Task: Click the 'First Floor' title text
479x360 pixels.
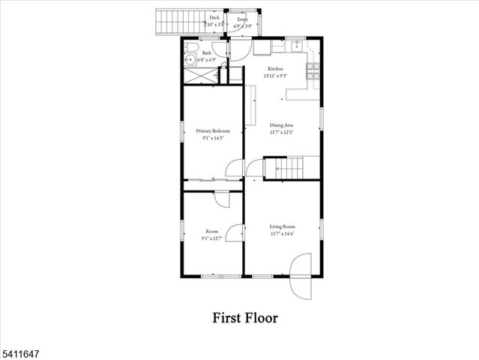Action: (x=245, y=318)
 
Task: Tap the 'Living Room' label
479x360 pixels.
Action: (x=283, y=226)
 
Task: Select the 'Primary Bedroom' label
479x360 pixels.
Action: (x=213, y=130)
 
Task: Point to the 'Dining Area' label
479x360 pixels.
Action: (x=282, y=125)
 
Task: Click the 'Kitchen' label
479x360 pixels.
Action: (x=276, y=69)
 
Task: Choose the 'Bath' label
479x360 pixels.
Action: (x=207, y=53)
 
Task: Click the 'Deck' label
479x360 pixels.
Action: (x=214, y=16)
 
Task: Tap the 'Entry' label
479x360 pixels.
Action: (x=242, y=19)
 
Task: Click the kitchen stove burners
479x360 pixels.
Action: (x=311, y=71)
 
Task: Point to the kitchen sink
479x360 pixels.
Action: (x=297, y=46)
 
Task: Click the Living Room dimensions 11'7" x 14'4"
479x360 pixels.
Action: (x=283, y=233)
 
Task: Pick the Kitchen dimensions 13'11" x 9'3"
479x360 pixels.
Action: (x=276, y=76)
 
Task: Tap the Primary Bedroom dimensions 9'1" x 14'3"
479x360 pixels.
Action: (x=213, y=138)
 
